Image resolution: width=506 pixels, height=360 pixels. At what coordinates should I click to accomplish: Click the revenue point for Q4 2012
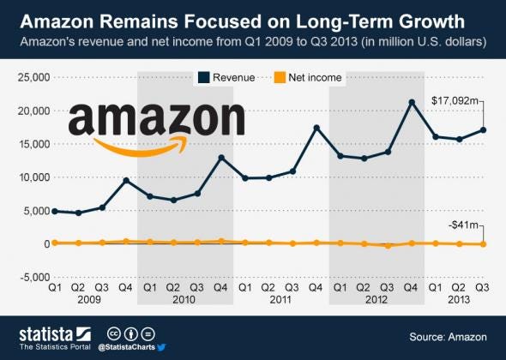point(413,102)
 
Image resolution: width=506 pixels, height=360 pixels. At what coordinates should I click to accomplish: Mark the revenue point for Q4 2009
point(126,180)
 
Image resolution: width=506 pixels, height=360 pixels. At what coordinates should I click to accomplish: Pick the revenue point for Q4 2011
point(316,128)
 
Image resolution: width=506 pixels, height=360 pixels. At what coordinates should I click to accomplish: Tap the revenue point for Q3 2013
point(484,130)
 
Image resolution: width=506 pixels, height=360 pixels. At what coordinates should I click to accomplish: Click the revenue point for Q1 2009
point(55,211)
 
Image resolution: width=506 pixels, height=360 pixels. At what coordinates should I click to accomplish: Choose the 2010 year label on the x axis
point(184,301)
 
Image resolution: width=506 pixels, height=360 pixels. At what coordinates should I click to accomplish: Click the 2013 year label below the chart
point(460,301)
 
